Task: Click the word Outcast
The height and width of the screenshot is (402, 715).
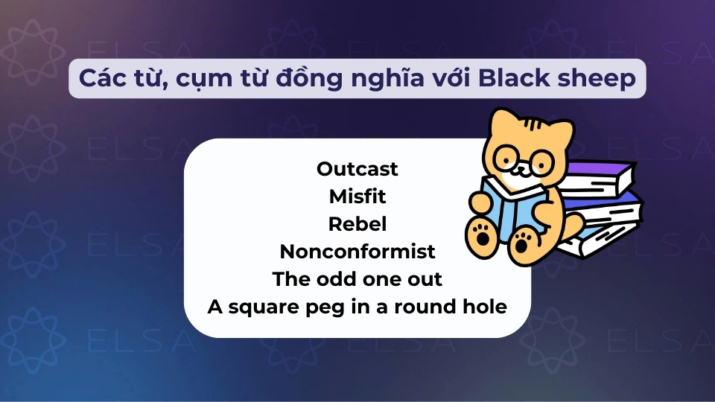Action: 357,169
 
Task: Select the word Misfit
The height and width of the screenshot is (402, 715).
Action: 357,197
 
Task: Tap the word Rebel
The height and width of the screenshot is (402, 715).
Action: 357,224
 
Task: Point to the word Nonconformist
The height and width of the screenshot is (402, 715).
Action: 357,252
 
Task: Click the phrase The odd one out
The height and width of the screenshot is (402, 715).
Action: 357,279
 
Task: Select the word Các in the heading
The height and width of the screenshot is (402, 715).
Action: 98,78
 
